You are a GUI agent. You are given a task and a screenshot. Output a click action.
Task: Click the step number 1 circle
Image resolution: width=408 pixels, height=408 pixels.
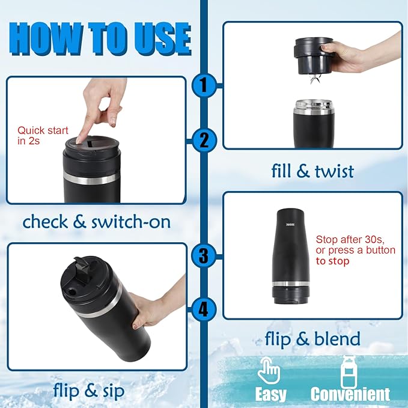(204, 86)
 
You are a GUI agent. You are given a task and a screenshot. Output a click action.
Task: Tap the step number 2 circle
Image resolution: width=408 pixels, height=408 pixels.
(204, 141)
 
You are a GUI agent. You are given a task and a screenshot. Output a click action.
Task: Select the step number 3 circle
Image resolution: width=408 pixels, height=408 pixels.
(204, 255)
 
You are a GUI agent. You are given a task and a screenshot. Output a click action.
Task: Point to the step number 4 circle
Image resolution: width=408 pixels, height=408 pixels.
(204, 309)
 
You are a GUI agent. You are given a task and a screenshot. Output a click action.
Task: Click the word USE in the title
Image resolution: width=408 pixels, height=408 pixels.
(157, 40)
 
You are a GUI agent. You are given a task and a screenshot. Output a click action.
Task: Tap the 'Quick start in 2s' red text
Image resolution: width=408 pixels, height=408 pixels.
(43, 135)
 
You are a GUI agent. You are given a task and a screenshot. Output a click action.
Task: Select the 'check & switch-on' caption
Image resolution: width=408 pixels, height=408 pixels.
(96, 222)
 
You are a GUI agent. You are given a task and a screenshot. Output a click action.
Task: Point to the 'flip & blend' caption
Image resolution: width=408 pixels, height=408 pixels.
(312, 339)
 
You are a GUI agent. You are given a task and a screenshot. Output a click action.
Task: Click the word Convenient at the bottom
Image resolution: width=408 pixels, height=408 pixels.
(350, 394)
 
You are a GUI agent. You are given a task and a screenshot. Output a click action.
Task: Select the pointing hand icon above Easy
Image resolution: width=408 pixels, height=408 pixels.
(269, 370)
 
